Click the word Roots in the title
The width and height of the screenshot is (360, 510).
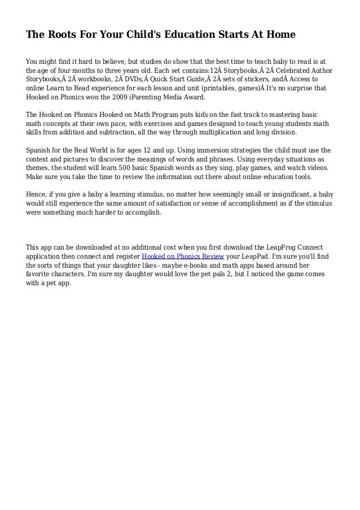[x=60, y=35]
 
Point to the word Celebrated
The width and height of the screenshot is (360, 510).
[x=286, y=70]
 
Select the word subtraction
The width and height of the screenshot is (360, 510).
[x=115, y=132]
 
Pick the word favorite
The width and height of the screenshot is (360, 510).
[x=40, y=274]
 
